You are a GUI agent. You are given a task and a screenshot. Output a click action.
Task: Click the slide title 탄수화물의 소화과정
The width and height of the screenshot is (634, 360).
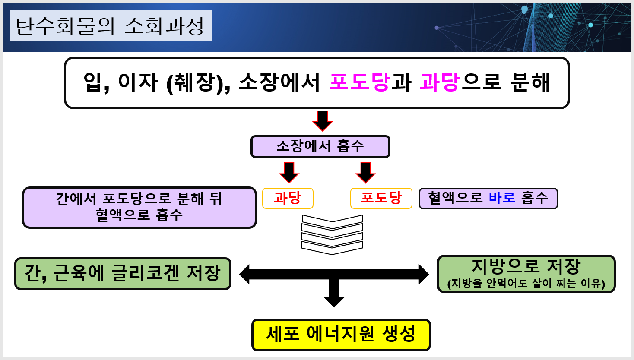(110, 26)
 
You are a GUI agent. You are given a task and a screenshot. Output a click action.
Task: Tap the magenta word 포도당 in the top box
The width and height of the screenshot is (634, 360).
(359, 82)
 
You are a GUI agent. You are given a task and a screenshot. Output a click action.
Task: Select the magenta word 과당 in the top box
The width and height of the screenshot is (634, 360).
(439, 82)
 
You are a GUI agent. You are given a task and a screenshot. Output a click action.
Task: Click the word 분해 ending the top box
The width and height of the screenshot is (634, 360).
(530, 82)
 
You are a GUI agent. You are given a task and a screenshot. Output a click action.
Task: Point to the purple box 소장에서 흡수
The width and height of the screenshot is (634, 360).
(320, 147)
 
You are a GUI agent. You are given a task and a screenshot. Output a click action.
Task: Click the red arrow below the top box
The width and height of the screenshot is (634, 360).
(322, 120)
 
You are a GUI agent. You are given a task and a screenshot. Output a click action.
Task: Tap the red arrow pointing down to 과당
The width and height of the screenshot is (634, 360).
(289, 172)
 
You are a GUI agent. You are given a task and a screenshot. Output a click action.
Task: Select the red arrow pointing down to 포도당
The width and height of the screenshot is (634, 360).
(365, 172)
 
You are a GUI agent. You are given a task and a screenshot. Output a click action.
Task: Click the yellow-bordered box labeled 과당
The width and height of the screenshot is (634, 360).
(288, 199)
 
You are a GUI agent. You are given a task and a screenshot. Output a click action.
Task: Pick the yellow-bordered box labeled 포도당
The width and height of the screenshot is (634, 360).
(381, 199)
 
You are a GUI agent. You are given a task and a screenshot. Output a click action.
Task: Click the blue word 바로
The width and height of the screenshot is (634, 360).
(502, 198)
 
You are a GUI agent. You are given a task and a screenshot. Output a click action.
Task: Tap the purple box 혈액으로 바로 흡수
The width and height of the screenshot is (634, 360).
(488, 199)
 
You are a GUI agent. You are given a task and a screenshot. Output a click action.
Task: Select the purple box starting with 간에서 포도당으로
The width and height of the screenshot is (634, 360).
(139, 207)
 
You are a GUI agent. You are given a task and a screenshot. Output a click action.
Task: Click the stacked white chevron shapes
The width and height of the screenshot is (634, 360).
(332, 234)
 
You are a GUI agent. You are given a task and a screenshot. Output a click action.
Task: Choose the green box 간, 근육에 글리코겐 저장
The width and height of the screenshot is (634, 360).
(123, 274)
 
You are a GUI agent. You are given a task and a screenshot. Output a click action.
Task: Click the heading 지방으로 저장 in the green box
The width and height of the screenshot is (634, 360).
(526, 266)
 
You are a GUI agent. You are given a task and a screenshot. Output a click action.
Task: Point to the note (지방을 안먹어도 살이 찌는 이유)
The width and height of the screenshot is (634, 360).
(526, 284)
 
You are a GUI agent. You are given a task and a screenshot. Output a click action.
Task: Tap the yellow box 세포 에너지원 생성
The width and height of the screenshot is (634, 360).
(341, 335)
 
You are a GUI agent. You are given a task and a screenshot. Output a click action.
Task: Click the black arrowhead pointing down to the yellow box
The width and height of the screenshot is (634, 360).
(334, 300)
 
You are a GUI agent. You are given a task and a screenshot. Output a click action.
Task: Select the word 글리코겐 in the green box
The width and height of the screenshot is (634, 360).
(145, 274)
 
